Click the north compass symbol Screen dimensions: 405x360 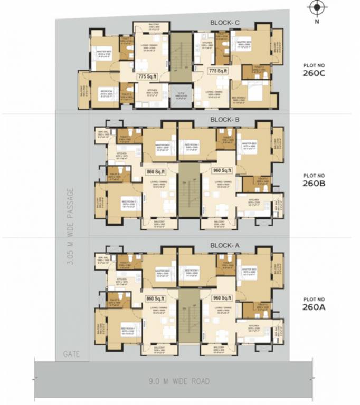pos(316,8)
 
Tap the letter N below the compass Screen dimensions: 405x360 pos(317,22)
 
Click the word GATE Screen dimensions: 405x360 pos(71,354)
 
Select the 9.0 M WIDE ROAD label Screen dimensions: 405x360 pos(179,381)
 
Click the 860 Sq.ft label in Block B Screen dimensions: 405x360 pos(156,171)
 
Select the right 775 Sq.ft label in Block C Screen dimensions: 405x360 pos(217,70)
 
